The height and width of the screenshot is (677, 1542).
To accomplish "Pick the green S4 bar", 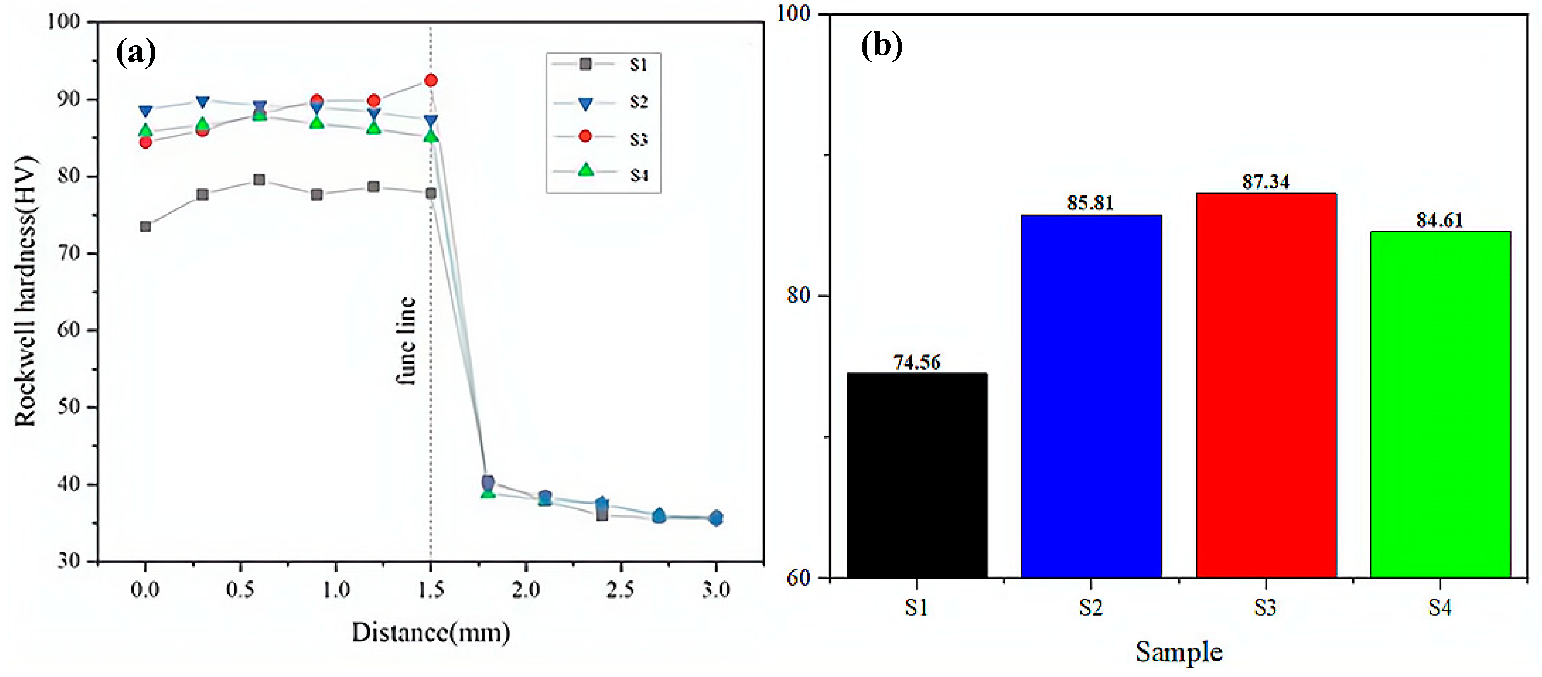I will pyautogui.click(x=1440, y=404).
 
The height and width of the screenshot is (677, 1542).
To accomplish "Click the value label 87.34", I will pyautogui.click(x=1265, y=181).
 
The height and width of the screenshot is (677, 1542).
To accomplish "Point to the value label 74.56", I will pyautogui.click(x=917, y=362).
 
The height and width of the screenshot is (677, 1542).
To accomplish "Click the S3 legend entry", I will pyautogui.click(x=605, y=138).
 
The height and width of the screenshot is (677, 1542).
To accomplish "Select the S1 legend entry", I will pyautogui.click(x=605, y=64).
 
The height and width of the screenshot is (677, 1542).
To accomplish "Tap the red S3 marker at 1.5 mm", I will pyautogui.click(x=431, y=80).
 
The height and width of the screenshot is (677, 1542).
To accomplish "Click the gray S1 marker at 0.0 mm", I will pyautogui.click(x=145, y=226).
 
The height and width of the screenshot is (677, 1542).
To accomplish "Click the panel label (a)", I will pyautogui.click(x=136, y=53).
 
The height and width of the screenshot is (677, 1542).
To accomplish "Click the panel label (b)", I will pyautogui.click(x=881, y=45).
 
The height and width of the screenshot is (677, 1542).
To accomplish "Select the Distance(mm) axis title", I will pyautogui.click(x=431, y=632).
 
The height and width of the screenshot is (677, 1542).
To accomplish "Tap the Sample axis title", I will pyautogui.click(x=1178, y=652).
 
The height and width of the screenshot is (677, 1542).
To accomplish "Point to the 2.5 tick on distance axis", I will pyautogui.click(x=620, y=590).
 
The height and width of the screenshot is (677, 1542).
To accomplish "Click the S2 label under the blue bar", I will pyautogui.click(x=1091, y=608).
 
